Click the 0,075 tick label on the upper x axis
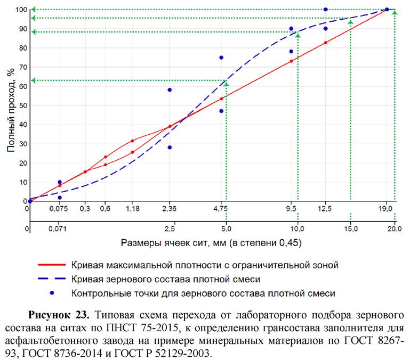[x=59, y=209]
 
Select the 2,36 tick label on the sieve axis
[x=170, y=209]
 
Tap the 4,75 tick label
[x=221, y=209]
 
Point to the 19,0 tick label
[x=386, y=209]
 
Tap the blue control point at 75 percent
[x=221, y=58]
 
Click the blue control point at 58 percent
[x=170, y=90]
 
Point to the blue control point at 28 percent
[x=170, y=148]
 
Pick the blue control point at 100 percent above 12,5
[x=326, y=10]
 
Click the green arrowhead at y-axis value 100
[x=33, y=10]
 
